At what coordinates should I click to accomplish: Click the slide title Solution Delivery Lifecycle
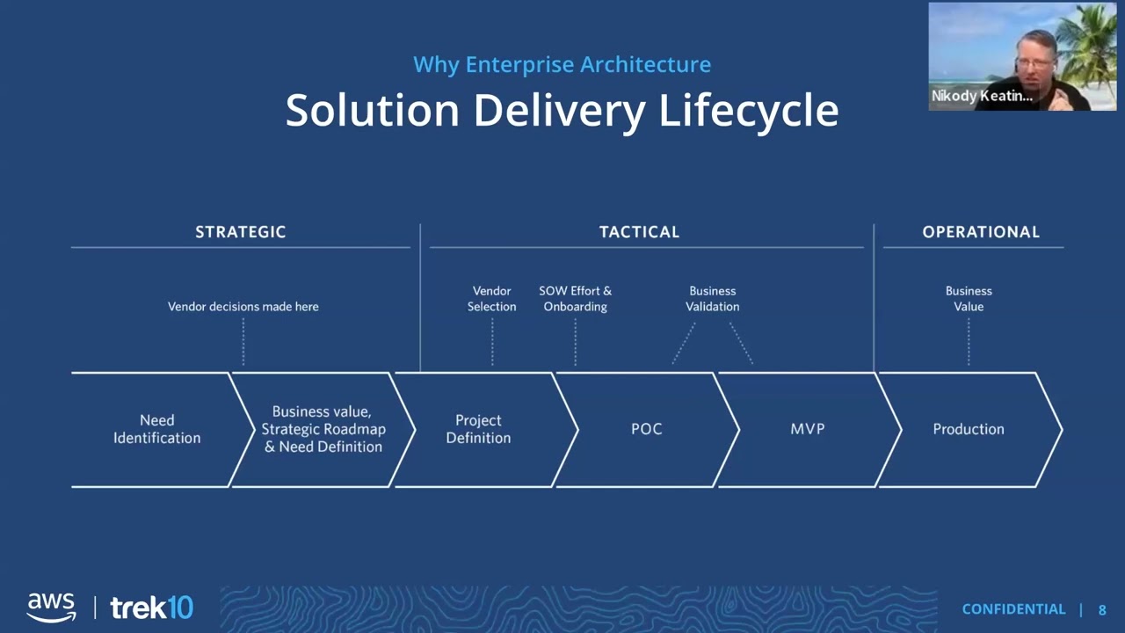pos(562,111)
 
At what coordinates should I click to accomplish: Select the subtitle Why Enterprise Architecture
pos(562,64)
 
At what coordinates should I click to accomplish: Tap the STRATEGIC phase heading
pos(240,232)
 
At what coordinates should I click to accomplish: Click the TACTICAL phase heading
pos(639,232)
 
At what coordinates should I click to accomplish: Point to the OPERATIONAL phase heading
pos(980,232)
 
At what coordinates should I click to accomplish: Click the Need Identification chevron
pos(156,429)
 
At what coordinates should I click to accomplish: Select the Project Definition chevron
pos(478,429)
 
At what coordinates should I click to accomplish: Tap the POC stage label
pos(646,429)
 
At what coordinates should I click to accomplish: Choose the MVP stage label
pos(807,429)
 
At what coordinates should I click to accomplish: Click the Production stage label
pos(968,429)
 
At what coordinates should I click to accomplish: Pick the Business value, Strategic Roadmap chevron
pos(323,429)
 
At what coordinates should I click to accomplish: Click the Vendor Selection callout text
pos(491,299)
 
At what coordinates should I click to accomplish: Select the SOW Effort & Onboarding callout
pos(575,299)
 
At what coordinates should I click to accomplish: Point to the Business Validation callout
pos(712,299)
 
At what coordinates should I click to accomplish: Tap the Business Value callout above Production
pos(968,299)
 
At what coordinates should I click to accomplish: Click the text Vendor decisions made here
pos(243,307)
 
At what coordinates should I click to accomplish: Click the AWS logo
pos(51,607)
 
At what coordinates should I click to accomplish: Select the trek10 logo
pos(151,608)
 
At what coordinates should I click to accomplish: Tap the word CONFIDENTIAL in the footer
pos(1012,609)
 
